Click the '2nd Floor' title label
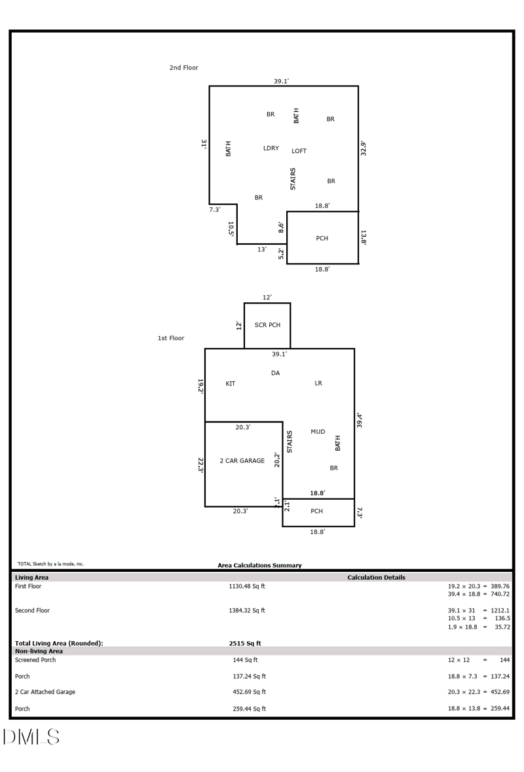pos(183,68)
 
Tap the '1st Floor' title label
pos(171,338)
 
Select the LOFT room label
pos(299,151)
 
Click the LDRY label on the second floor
pos(271,149)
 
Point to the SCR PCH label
pos(267,325)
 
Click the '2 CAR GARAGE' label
pos(242,461)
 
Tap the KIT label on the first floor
pos(231,384)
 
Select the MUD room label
pos(318,432)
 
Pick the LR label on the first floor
pos(318,383)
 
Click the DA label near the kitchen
pos(275,373)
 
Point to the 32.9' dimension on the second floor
pos(364,148)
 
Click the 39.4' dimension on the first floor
pos(360,419)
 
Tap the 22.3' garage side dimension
pos(200,465)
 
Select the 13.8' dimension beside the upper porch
pos(364,237)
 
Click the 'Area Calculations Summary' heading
pos(259,565)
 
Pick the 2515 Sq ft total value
pos(245,643)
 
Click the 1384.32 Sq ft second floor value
pos(247,610)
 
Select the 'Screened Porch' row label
pos(35,660)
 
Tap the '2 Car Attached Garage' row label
pos(45,692)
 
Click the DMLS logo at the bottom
pos(31,737)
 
